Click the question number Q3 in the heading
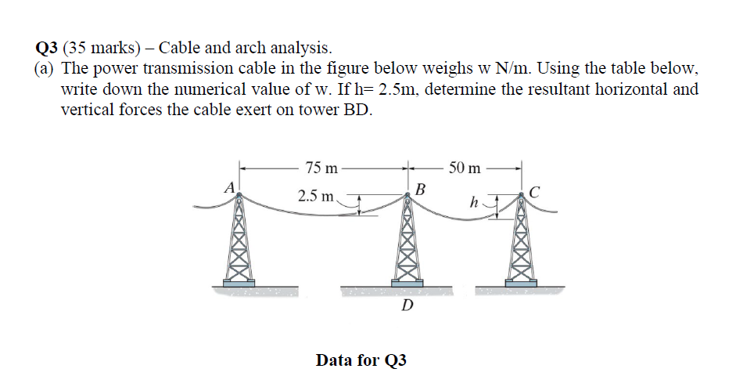click(x=48, y=48)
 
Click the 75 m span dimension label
click(x=321, y=168)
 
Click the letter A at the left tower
click(x=229, y=187)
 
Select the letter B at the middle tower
click(x=421, y=189)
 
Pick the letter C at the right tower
click(x=534, y=192)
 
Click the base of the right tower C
click(x=520, y=280)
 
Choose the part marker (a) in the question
click(x=45, y=69)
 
